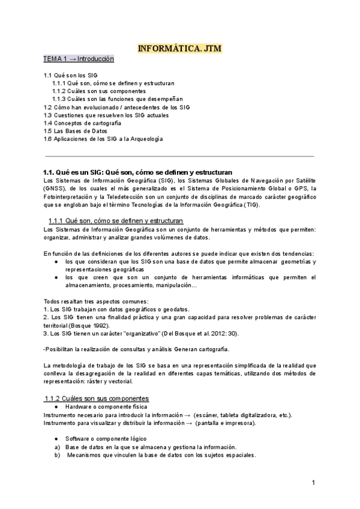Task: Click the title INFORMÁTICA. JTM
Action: click(x=179, y=47)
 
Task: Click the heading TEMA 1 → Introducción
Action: click(x=79, y=59)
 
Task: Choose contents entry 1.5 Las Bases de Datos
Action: click(x=76, y=130)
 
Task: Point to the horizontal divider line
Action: click(x=179, y=156)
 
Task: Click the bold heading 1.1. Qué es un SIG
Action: click(x=138, y=172)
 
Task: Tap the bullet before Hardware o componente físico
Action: click(x=56, y=407)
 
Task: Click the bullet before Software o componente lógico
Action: click(x=56, y=438)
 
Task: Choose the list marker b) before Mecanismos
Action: click(x=57, y=454)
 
